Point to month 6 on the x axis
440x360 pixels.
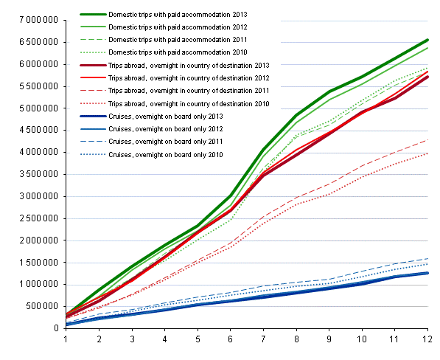230,340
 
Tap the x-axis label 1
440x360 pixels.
66,340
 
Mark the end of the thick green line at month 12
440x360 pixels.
427,40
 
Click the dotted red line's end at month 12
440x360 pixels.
427,153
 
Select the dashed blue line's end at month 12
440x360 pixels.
427,258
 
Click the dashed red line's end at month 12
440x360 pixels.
427,139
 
